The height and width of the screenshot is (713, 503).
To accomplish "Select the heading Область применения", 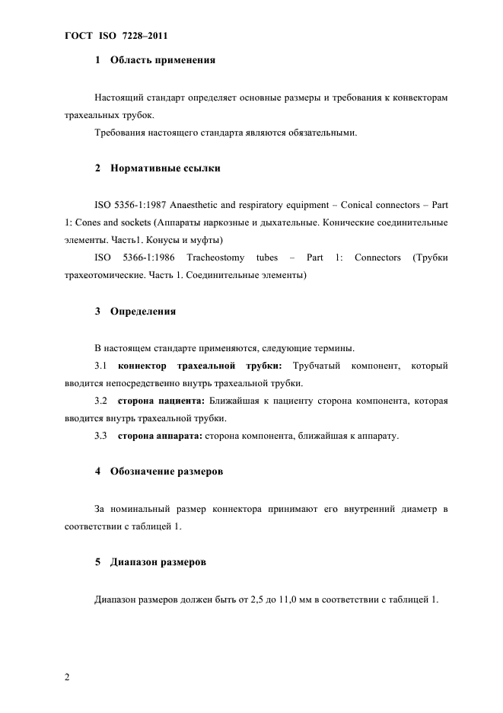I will (163, 59).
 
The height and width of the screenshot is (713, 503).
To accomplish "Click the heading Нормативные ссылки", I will (165, 168).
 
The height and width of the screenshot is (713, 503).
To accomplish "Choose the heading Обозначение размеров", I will (167, 472).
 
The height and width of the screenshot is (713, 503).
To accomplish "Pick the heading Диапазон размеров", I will (158, 562).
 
